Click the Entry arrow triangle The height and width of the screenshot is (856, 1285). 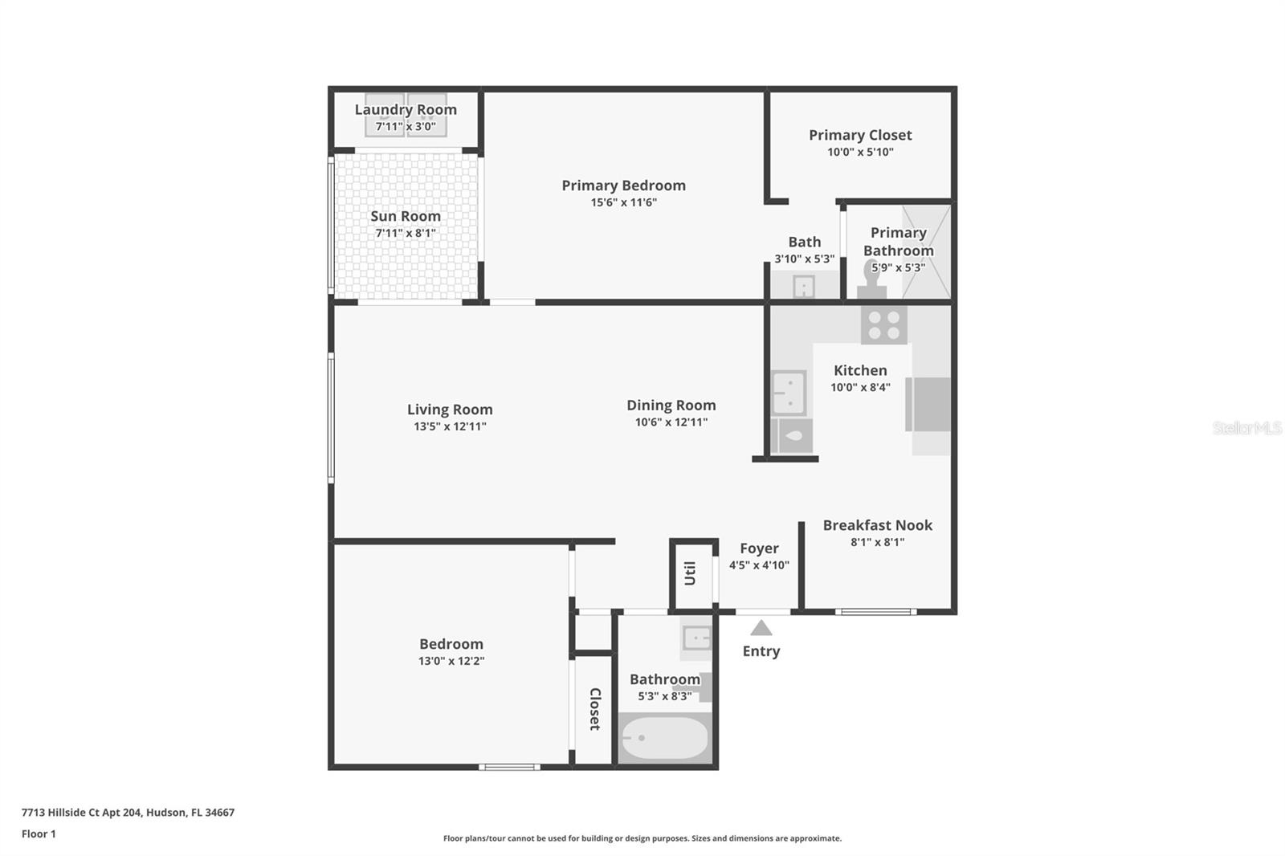coord(761,628)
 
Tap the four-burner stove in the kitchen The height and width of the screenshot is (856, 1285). coord(883,325)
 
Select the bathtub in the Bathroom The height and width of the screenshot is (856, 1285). coord(665,738)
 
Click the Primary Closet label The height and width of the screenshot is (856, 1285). coord(860,135)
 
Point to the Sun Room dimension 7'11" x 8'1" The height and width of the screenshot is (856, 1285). coord(406,233)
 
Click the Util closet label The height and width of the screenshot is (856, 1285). coord(690,573)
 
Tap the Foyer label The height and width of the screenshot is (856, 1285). coord(759,548)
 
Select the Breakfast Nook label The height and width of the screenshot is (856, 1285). coord(877,525)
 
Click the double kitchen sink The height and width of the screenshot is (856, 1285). coord(789,393)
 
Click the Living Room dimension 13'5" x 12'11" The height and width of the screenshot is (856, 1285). coord(450,426)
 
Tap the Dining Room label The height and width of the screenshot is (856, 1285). coord(671,406)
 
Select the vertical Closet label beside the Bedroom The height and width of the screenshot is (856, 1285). coord(595,708)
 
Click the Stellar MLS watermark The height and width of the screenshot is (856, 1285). coord(1246,428)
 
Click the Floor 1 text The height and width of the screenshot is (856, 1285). coord(39,834)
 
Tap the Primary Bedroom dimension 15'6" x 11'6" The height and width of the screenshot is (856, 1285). coord(623,202)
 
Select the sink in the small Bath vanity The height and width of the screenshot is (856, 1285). coord(803,286)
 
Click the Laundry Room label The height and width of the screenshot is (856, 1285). coord(406,109)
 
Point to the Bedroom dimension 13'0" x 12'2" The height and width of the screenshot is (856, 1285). coord(451,661)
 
